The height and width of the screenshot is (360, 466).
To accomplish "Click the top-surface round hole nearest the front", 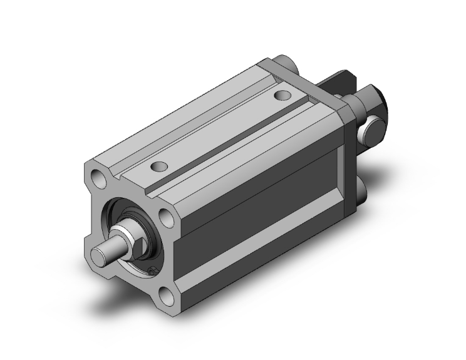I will click(159, 167).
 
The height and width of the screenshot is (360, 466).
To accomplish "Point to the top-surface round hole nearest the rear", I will click(284, 96).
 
